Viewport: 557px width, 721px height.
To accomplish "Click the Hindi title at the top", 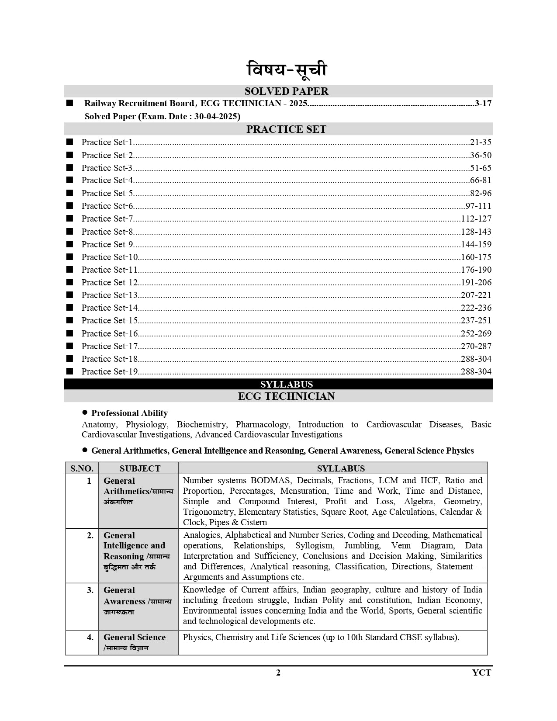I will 286,70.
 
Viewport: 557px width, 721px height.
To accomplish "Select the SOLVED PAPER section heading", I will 286,91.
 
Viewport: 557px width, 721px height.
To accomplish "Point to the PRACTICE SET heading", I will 286,129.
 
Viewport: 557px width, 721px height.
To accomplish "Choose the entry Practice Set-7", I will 107,219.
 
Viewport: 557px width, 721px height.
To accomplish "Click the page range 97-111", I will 478,206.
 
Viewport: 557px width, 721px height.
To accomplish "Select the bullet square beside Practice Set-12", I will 69,282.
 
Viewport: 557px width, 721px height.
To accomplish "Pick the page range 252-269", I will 476,334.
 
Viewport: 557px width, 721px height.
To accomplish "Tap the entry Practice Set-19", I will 110,372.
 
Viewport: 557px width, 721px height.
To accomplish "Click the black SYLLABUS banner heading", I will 287,385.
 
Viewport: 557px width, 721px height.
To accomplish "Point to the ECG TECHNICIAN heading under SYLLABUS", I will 286,396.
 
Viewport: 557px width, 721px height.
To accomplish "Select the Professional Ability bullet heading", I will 129,413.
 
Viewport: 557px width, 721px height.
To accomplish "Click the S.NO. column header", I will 82,468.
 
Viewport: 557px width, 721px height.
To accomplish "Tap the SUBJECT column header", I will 140,468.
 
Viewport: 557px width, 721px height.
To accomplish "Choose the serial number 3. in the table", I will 90,590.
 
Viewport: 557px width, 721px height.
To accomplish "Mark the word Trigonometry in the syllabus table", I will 209,512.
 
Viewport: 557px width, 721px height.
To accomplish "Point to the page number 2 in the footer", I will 278,673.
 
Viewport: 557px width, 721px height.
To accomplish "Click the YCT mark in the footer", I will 481,673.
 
